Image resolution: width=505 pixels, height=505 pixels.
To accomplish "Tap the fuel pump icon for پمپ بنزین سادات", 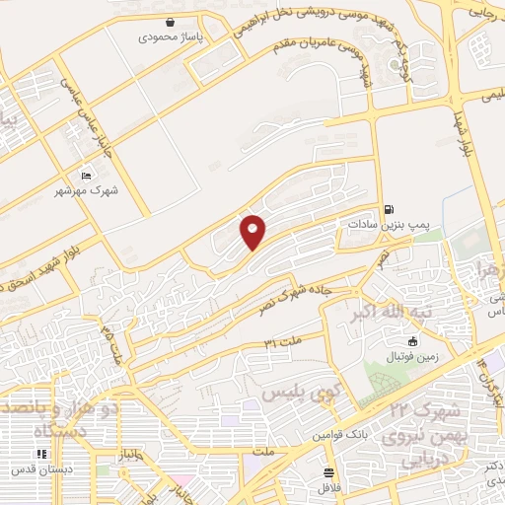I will click(x=391, y=208).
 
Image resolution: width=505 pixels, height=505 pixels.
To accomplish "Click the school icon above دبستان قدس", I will click(x=41, y=454).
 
